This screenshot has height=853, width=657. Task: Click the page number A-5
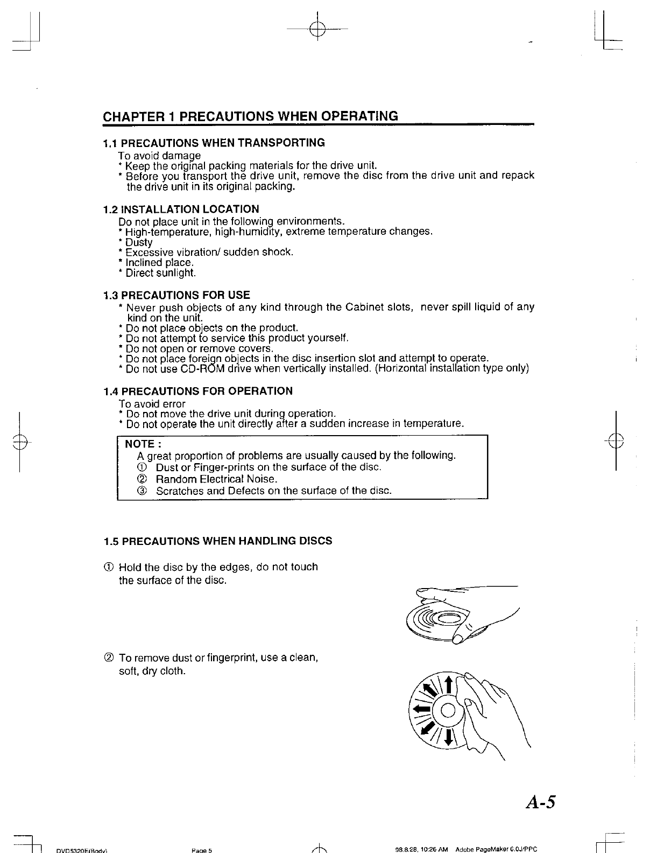point(539,802)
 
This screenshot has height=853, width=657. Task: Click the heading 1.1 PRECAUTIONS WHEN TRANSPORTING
point(214,143)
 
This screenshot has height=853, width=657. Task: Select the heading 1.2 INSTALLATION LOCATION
point(181,209)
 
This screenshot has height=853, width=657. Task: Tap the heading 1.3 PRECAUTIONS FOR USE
point(176,295)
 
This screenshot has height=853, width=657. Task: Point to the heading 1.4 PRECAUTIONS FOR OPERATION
point(198,391)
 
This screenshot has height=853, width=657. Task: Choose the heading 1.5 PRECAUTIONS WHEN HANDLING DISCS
point(217,541)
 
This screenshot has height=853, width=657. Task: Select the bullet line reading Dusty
point(138,243)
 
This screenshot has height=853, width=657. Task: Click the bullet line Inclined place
point(159,263)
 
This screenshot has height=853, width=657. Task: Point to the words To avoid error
point(152,404)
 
